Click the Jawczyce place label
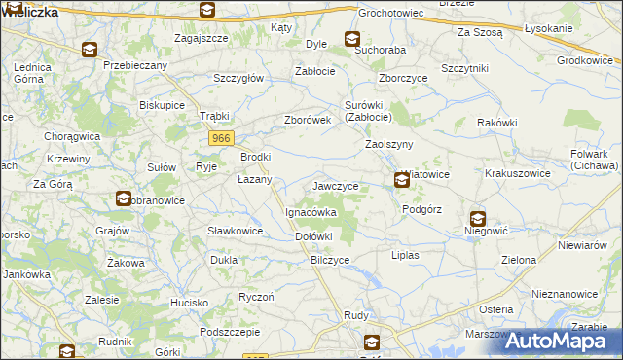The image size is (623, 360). [x=336, y=185]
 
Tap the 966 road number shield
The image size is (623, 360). [x=221, y=140]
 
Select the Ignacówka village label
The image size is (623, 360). [x=311, y=211]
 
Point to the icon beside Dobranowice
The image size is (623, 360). [x=124, y=199]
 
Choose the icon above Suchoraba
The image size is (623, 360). [x=351, y=39]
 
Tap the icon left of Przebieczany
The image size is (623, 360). [x=89, y=50]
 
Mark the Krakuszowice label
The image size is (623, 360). [x=518, y=173]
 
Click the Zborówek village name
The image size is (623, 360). [x=308, y=120]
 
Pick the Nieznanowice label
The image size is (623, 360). [x=565, y=293]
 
